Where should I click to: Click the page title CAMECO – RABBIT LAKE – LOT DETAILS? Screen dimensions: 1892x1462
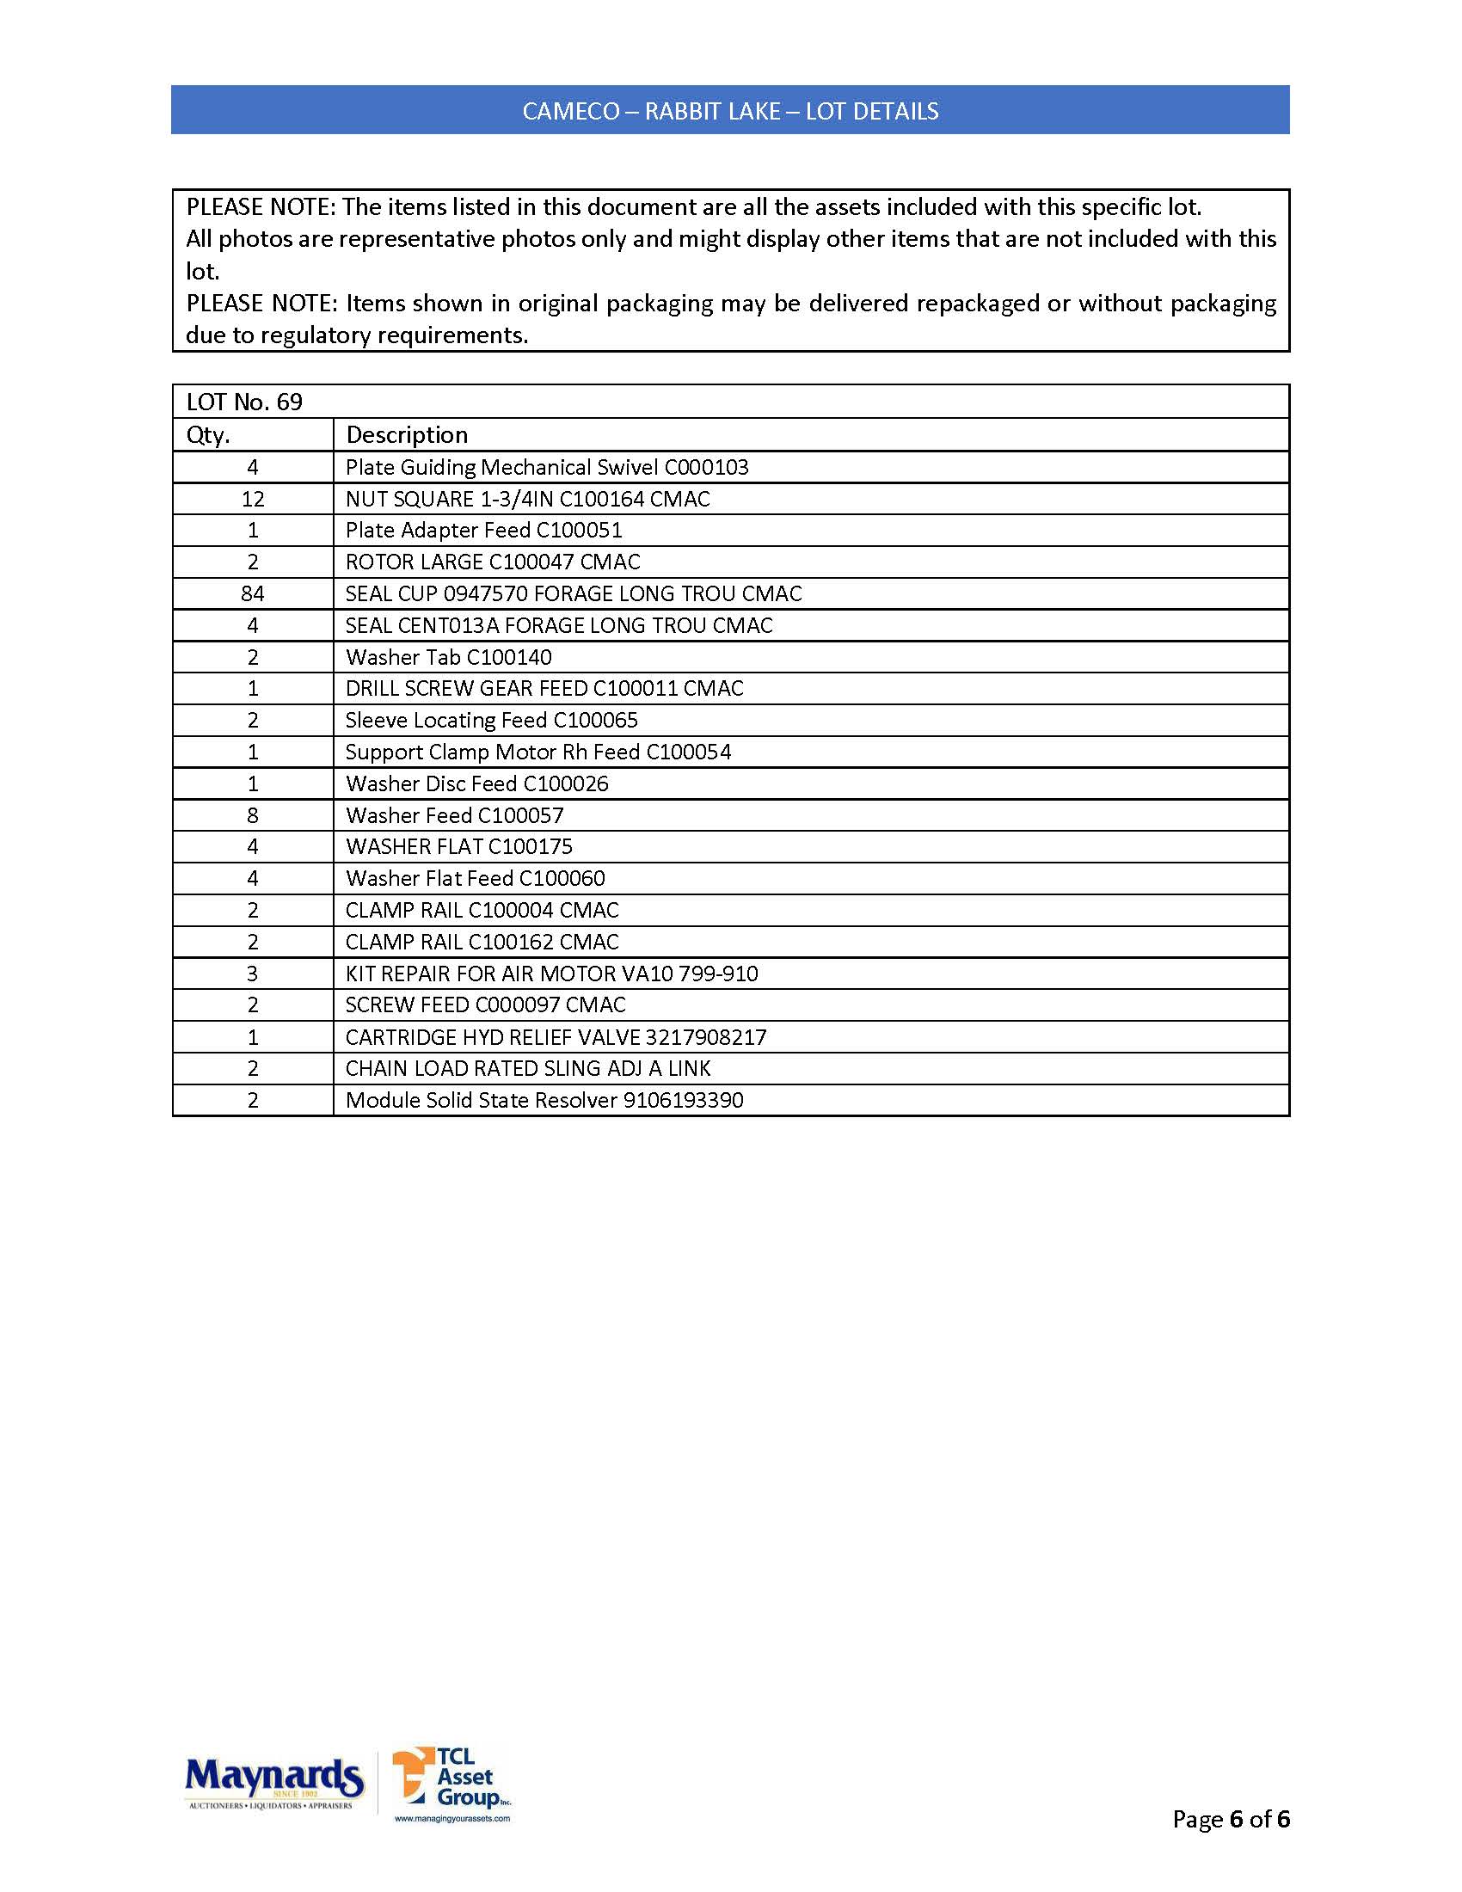pyautogui.click(x=730, y=111)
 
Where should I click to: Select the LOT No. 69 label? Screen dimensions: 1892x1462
pyautogui.click(x=244, y=402)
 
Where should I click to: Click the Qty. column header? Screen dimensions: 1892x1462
pyautogui.click(x=208, y=435)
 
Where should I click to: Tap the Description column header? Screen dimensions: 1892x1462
pyautogui.click(x=406, y=435)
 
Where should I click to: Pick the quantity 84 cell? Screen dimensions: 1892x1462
pyautogui.click(x=253, y=593)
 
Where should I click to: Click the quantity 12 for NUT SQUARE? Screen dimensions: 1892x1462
pyautogui.click(x=253, y=499)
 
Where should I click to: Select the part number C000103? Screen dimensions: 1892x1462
pyautogui.click(x=706, y=467)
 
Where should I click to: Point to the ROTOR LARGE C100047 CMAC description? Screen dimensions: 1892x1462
pyautogui.click(x=493, y=562)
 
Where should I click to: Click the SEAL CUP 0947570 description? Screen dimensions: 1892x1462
pyautogui.click(x=574, y=593)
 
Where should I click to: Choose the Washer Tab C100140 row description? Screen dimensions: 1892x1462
pyautogui.click(x=449, y=658)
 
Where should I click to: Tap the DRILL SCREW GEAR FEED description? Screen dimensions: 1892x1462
pyautogui.click(x=544, y=689)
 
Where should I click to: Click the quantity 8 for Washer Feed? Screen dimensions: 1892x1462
pyautogui.click(x=253, y=815)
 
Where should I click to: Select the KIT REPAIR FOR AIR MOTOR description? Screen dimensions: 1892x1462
pyautogui.click(x=552, y=974)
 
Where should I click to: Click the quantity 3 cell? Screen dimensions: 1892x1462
pyautogui.click(x=253, y=974)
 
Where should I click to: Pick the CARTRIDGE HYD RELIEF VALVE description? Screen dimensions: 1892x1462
pyautogui.click(x=556, y=1037)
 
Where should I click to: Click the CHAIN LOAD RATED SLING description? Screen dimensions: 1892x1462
pyautogui.click(x=527, y=1069)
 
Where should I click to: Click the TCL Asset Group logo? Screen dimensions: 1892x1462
pyautogui.click(x=451, y=1783)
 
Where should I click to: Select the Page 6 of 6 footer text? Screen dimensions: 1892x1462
pyautogui.click(x=1230, y=1819)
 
